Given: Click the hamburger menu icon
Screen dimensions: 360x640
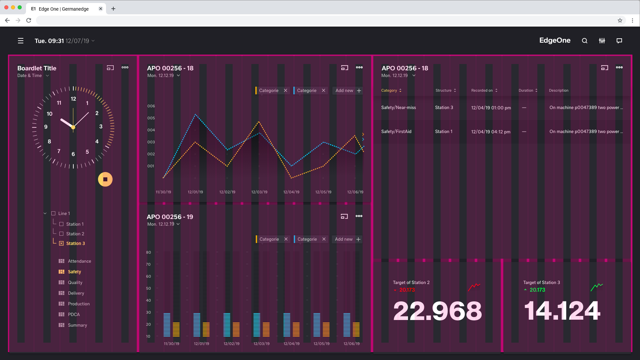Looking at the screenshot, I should click(21, 41).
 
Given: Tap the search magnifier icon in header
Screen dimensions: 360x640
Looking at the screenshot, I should click(585, 41).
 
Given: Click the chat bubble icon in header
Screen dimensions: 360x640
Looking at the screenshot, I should click(619, 41).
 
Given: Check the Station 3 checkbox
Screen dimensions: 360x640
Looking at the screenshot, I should click(61, 243).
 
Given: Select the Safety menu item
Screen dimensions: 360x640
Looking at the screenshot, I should click(74, 272).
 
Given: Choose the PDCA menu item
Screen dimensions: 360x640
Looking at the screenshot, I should click(74, 314).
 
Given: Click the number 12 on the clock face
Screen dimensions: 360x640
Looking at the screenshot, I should click(73, 99).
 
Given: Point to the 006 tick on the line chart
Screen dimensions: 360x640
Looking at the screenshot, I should click(151, 106).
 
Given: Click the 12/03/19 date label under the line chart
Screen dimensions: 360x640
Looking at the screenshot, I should click(259, 192).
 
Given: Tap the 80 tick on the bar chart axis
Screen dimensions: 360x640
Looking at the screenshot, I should click(148, 252).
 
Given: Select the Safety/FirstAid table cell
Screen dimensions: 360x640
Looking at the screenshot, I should click(396, 131).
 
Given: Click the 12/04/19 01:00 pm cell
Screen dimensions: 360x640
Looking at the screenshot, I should click(491, 108).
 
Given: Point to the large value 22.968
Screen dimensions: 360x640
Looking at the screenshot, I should click(437, 311).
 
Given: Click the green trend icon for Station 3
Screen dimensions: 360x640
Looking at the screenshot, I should click(597, 287).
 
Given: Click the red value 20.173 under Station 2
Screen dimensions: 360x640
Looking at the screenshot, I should click(407, 290).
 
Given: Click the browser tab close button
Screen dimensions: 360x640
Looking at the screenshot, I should click(101, 9).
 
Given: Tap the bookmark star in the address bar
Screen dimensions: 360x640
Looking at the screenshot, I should click(620, 20).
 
